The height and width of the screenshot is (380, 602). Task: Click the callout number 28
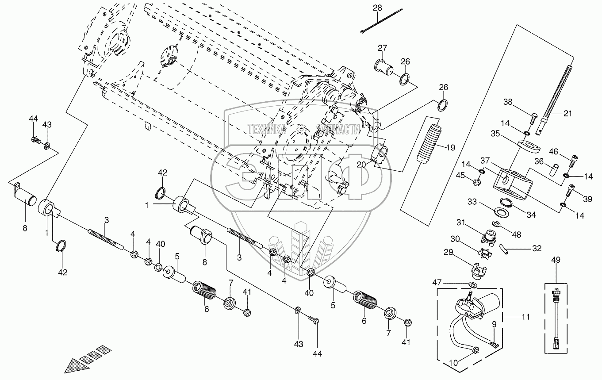[x=377, y=8]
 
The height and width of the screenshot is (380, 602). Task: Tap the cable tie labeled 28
[x=381, y=21]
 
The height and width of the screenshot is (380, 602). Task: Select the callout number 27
[x=383, y=48]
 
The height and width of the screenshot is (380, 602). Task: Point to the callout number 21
[x=567, y=113]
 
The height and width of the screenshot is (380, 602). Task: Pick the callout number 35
[x=495, y=134]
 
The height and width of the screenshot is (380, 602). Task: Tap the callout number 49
[x=556, y=260]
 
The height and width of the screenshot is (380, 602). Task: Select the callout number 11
[x=525, y=317]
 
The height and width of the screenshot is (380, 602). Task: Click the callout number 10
[x=453, y=363]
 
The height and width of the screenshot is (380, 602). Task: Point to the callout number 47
[x=437, y=282]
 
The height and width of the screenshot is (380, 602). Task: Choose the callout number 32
[x=537, y=249]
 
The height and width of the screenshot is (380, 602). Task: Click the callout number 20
[x=361, y=165]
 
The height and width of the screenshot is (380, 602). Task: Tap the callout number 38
[x=508, y=102]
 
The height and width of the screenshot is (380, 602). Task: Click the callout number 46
[x=553, y=152]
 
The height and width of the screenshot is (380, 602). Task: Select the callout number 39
[x=587, y=199]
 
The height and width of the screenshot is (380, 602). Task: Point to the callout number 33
[x=472, y=202]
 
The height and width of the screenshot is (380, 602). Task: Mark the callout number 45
[x=460, y=176]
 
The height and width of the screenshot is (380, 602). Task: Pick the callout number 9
[x=494, y=324]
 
